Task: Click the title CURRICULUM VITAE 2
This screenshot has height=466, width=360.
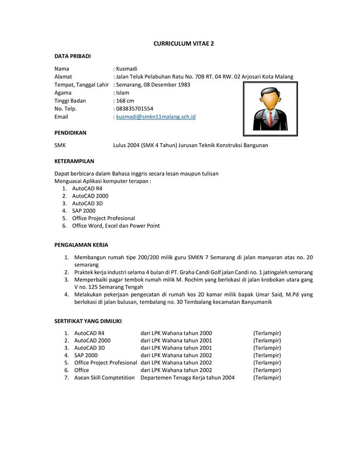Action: click(x=183, y=43)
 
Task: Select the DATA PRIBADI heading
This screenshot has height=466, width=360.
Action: click(x=72, y=56)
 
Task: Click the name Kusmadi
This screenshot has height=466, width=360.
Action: click(x=127, y=69)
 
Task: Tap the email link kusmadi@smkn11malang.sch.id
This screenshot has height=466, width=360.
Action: click(x=156, y=117)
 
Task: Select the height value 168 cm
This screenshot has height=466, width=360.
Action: click(x=125, y=101)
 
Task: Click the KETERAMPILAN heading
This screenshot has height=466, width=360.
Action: click(x=74, y=161)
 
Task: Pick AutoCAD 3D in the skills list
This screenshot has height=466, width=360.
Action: click(x=87, y=203)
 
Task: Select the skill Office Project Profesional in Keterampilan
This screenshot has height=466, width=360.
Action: click(x=103, y=218)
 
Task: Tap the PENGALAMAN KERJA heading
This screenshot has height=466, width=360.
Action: click(x=81, y=245)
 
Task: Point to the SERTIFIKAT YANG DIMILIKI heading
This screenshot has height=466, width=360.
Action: click(x=88, y=321)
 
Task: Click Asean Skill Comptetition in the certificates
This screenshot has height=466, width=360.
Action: click(x=104, y=378)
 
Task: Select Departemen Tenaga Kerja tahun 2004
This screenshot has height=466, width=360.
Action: click(x=187, y=378)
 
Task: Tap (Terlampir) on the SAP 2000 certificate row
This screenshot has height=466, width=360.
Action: click(x=267, y=355)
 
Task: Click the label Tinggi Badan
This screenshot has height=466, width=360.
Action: click(x=70, y=101)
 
